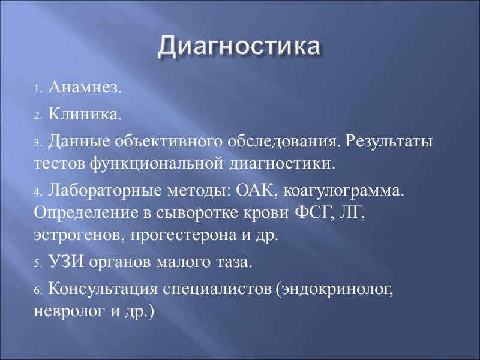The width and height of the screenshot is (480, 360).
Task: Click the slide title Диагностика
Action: tap(239, 47)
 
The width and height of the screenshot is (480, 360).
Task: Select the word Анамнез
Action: tap(84, 88)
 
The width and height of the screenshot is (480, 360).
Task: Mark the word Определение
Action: tap(75, 213)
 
